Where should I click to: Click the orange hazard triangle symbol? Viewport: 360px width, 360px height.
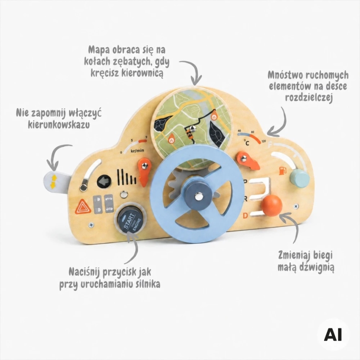pyautogui.click(x=83, y=206)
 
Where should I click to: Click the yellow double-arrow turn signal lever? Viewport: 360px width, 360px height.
pyautogui.click(x=53, y=182)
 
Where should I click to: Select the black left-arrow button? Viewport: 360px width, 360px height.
pyautogui.click(x=104, y=182)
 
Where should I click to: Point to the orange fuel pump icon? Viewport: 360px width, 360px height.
pyautogui.click(x=282, y=171)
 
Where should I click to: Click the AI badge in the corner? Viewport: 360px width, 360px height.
pyautogui.click(x=333, y=335)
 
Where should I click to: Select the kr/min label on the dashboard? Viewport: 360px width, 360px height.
pyautogui.click(x=137, y=150)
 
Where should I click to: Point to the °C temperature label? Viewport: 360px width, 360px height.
pyautogui.click(x=246, y=143)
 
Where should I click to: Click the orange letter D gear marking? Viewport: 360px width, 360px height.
pyautogui.click(x=245, y=216)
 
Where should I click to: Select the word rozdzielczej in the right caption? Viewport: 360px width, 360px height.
pyautogui.click(x=309, y=97)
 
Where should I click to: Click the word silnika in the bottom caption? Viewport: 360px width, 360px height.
pyautogui.click(x=145, y=284)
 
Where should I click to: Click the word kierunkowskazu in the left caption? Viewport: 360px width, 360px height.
pyautogui.click(x=59, y=125)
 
